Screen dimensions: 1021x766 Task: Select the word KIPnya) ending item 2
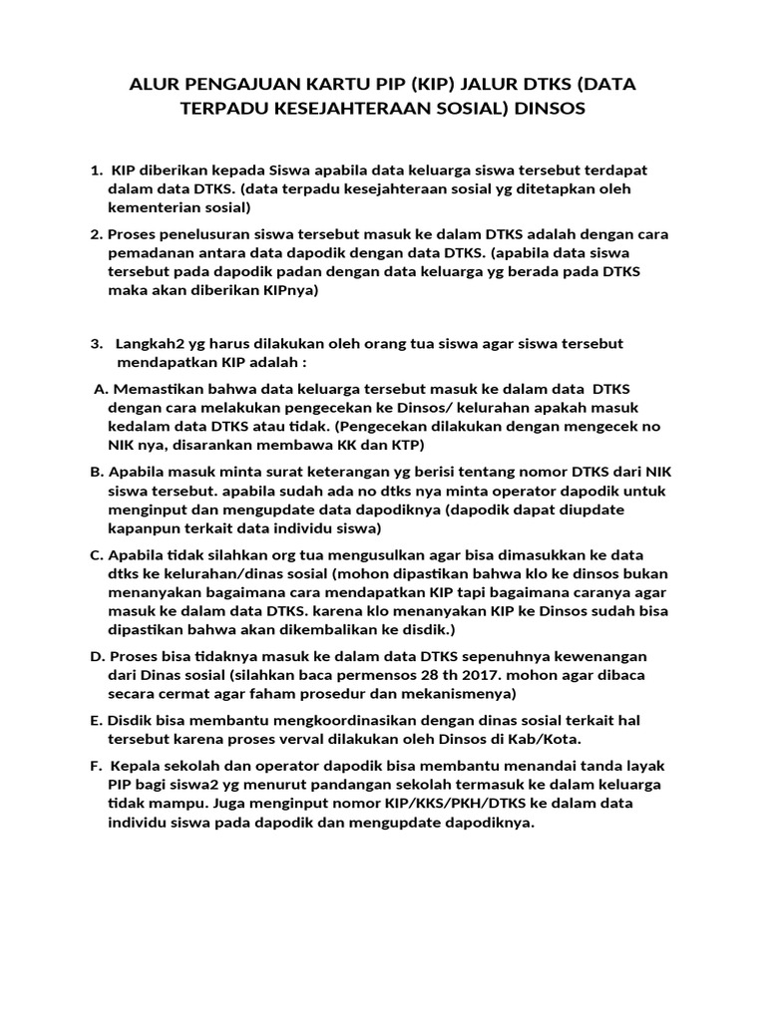[x=286, y=290]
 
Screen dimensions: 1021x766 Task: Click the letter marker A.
[x=99, y=389]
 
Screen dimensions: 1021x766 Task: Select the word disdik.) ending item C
[x=429, y=629]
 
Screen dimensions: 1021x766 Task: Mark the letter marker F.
[x=96, y=766]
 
